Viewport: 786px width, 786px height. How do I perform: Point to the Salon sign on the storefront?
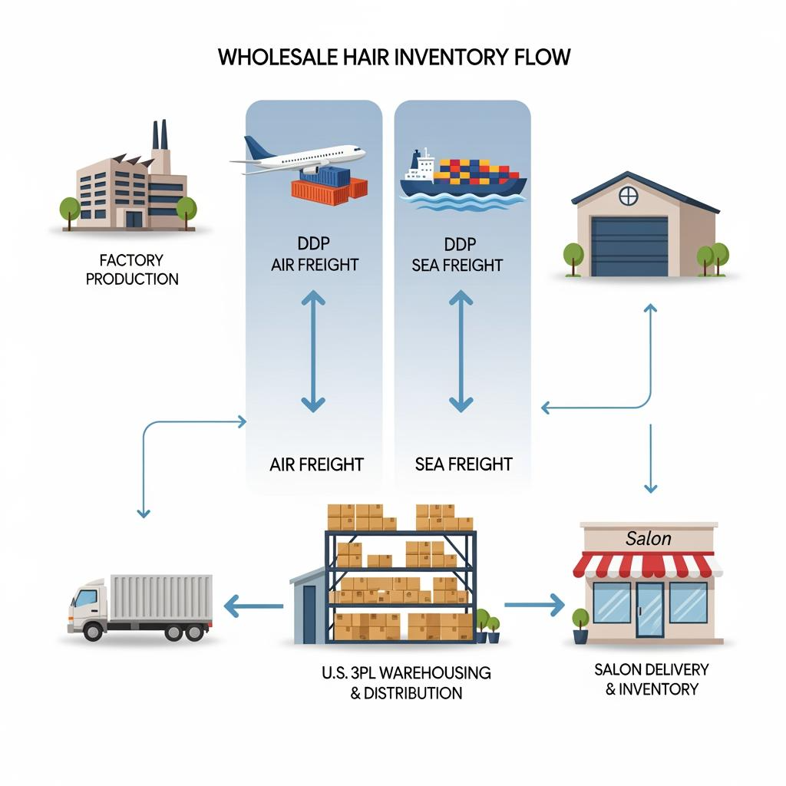(x=649, y=539)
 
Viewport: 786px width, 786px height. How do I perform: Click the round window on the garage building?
(x=628, y=196)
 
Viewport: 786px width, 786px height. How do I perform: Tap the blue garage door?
(x=629, y=246)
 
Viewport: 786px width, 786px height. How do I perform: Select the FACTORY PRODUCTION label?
(x=132, y=269)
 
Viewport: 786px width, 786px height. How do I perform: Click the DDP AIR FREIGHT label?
(x=315, y=255)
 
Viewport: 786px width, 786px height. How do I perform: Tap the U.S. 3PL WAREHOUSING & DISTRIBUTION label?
(x=406, y=682)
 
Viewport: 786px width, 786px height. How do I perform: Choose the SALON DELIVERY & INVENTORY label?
(x=652, y=679)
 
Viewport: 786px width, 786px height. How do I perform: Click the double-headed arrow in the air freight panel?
(x=313, y=350)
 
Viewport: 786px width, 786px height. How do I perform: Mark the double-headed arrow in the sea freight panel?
(x=461, y=350)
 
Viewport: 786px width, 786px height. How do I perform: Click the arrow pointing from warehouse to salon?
(x=534, y=604)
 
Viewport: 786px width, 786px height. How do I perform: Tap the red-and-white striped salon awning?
(x=646, y=566)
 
